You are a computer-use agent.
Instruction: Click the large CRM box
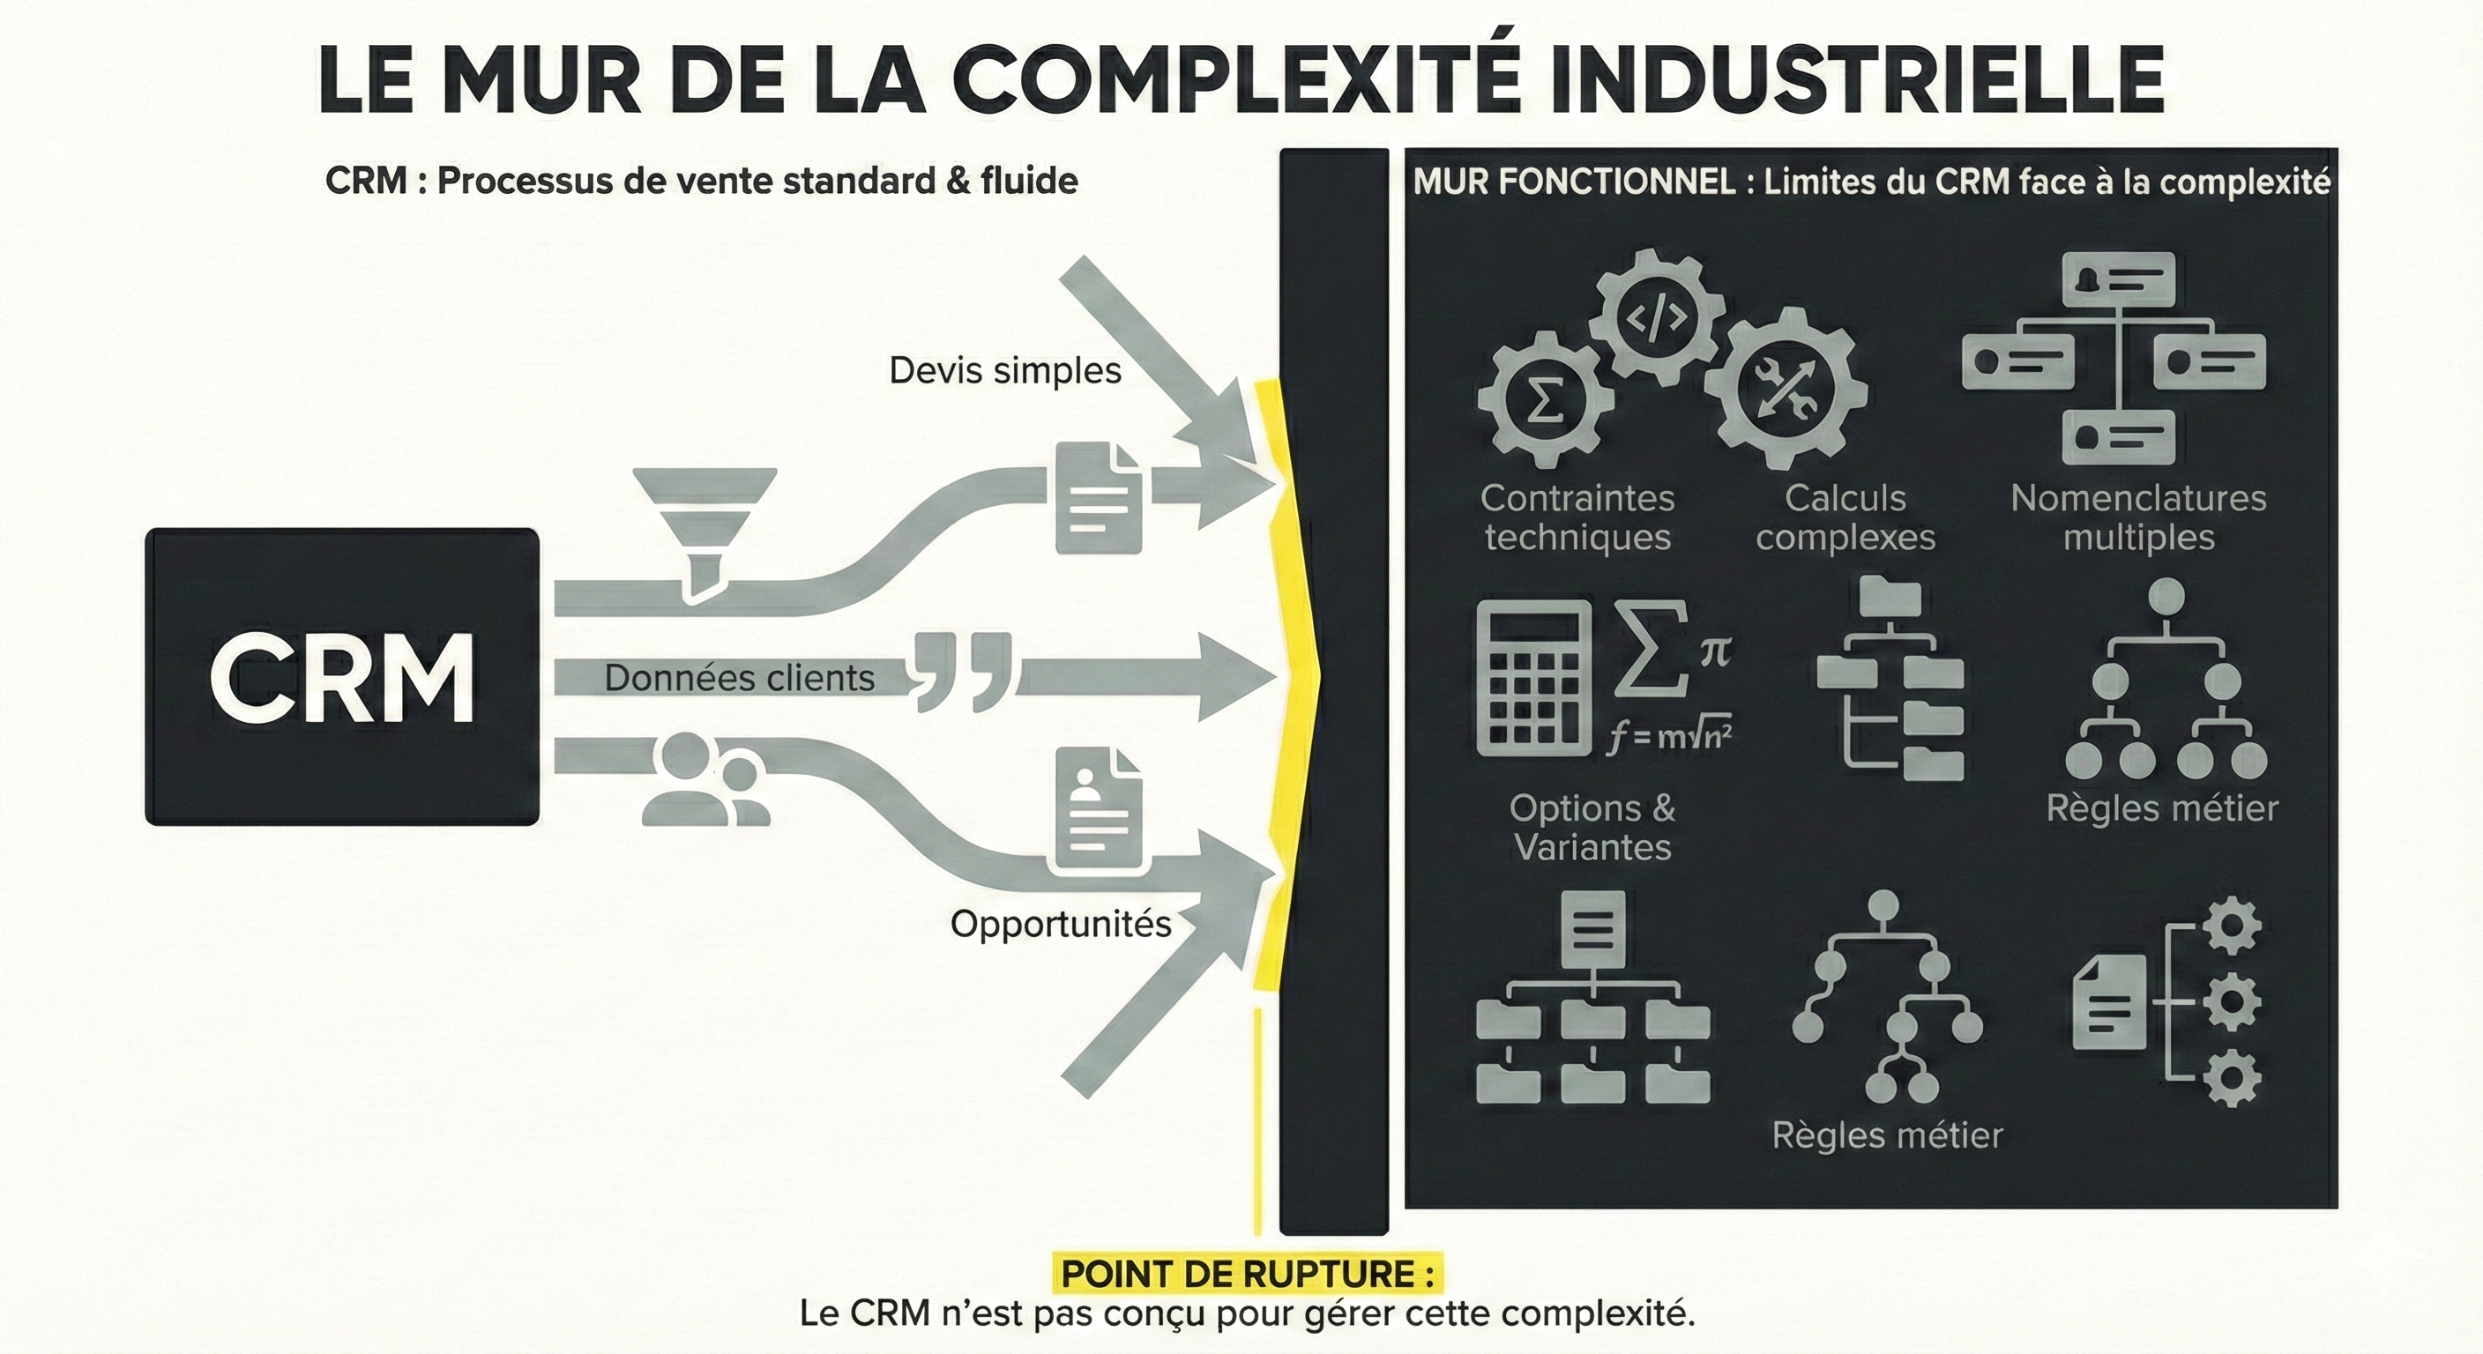pyautogui.click(x=341, y=675)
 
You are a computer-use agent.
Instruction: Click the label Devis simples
pyautogui.click(x=1004, y=371)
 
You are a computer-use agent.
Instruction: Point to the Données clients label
pyautogui.click(x=739, y=679)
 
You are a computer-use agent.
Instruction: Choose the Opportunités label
pyautogui.click(x=1060, y=924)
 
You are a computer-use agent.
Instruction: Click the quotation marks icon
pyautogui.click(x=960, y=672)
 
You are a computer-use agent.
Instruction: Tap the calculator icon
pyautogui.click(x=1532, y=678)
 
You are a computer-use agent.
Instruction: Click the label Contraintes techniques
pyautogui.click(x=1577, y=517)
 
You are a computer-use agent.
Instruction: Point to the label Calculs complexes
pyautogui.click(x=1845, y=517)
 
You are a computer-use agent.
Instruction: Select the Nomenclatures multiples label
pyautogui.click(x=2138, y=517)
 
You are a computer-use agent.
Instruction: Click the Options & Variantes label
pyautogui.click(x=1592, y=827)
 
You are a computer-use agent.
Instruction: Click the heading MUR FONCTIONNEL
pyautogui.click(x=1574, y=182)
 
